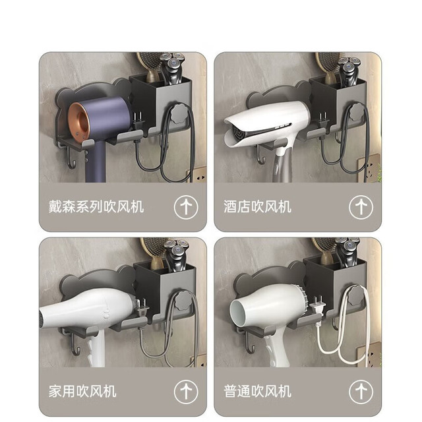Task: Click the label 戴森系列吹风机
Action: click(x=96, y=206)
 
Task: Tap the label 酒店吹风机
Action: click(x=257, y=206)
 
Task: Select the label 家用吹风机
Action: click(x=82, y=391)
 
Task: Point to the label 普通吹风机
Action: click(x=257, y=391)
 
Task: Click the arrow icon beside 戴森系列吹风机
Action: click(x=186, y=207)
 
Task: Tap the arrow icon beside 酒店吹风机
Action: click(x=361, y=207)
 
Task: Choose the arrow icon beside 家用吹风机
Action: click(x=186, y=392)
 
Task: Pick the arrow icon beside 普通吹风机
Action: click(x=361, y=392)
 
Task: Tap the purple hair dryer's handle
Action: click(x=96, y=162)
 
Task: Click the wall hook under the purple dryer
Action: click(x=70, y=160)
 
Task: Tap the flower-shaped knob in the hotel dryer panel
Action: click(x=357, y=111)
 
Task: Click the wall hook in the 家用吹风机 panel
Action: click(x=75, y=345)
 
